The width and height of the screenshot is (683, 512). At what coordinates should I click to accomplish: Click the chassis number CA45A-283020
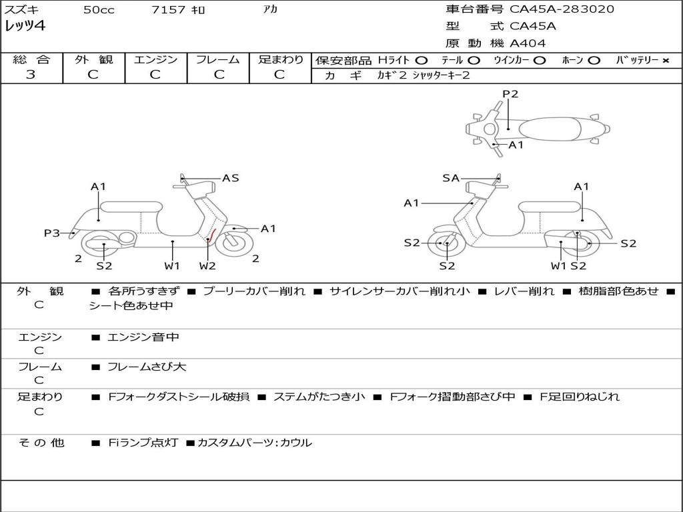pos(562,9)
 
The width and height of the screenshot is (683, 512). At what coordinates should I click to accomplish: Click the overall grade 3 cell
pos(31,75)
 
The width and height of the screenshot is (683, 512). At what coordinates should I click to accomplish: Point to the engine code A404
pos(528,43)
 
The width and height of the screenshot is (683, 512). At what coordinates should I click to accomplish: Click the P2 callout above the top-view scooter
pos(510,94)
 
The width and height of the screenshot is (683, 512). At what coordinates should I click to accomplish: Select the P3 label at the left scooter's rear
pos(52,233)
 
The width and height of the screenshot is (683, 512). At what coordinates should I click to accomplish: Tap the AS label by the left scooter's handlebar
pos(230,178)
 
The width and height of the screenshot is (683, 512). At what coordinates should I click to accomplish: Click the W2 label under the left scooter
pos(207,266)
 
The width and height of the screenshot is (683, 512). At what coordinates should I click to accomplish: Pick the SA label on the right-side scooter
pos(451,178)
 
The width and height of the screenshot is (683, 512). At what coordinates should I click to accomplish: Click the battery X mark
pos(666,61)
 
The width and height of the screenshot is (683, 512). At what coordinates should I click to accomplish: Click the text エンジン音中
pos(143,337)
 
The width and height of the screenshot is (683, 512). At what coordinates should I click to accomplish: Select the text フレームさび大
pos(147,367)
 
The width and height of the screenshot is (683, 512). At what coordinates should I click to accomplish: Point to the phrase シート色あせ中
pos(131,306)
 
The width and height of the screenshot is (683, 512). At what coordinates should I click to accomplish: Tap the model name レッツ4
pos(25,27)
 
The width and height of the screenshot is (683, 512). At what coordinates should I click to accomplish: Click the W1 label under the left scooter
pos(172,266)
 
